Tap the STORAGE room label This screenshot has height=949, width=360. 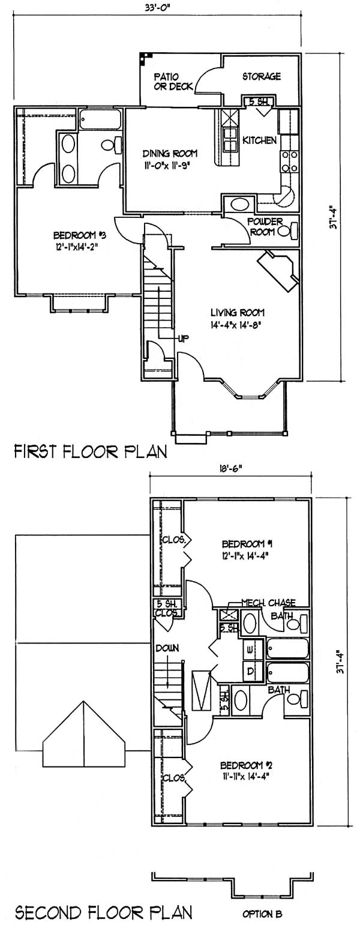[262, 76]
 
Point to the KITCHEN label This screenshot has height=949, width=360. [260, 140]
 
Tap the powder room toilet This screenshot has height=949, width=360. [290, 231]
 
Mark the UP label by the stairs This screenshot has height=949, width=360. [184, 338]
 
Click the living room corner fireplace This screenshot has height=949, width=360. [278, 271]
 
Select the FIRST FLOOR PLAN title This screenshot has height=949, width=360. [91, 451]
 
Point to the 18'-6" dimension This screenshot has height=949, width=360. [230, 468]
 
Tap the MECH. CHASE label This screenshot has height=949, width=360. [269, 603]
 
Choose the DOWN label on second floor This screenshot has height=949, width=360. [167, 648]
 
